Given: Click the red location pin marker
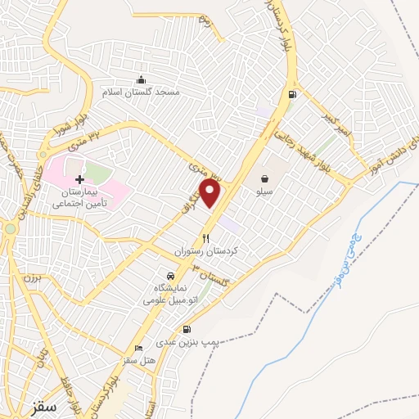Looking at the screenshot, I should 210,193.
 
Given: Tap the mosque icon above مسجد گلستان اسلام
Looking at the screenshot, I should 142,79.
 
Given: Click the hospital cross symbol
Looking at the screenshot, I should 79,179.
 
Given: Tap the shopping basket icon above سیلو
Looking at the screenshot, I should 264,178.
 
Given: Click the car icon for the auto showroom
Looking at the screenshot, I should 169,276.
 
